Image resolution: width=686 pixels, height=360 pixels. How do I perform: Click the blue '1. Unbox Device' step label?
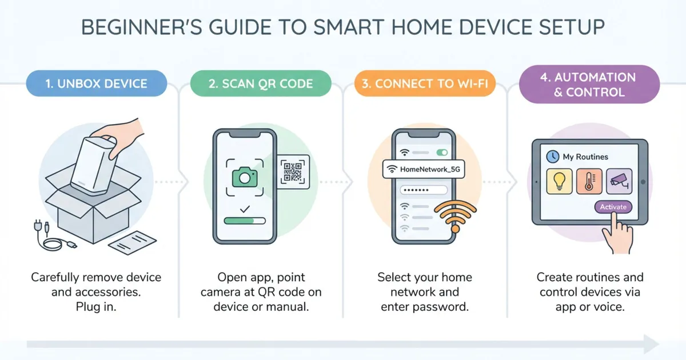point(95,84)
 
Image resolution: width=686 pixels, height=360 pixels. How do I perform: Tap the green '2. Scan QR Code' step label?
point(260,84)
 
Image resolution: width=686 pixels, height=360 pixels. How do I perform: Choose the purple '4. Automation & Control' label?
point(588,85)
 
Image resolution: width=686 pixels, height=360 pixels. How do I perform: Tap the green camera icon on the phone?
point(245,178)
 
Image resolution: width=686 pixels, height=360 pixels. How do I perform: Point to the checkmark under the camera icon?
point(245,210)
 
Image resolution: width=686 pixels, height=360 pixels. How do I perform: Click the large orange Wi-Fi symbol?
point(454,215)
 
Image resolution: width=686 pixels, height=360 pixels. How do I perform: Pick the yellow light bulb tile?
point(560,181)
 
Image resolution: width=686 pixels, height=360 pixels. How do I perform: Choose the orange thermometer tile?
point(589,181)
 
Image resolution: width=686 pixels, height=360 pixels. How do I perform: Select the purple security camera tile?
point(619,181)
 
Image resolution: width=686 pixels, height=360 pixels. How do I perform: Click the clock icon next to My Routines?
point(552,156)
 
